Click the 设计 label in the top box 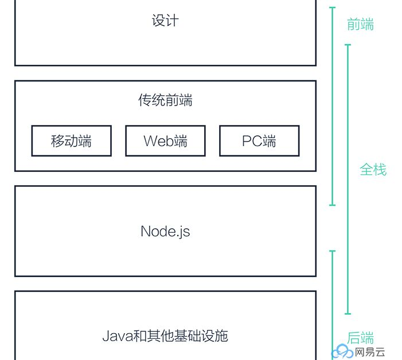pyautogui.click(x=165, y=21)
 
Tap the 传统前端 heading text pyautogui.click(x=165, y=101)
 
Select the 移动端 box pyautogui.click(x=71, y=141)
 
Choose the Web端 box pyautogui.click(x=165, y=141)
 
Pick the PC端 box pyautogui.click(x=259, y=141)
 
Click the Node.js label pyautogui.click(x=165, y=231)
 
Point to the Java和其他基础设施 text pyautogui.click(x=165, y=335)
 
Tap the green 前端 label pyautogui.click(x=361, y=25)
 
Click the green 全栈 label pyautogui.click(x=373, y=170)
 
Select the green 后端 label pyautogui.click(x=361, y=338)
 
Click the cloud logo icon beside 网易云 pyautogui.click(x=344, y=351)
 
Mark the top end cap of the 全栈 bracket pyautogui.click(x=348, y=45)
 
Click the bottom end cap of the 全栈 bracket pyautogui.click(x=348, y=314)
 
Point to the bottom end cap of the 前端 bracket pyautogui.click(x=333, y=205)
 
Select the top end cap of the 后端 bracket pyautogui.click(x=333, y=251)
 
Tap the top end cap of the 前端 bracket pyautogui.click(x=333, y=7)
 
